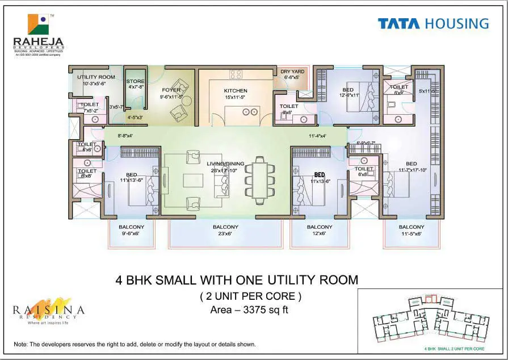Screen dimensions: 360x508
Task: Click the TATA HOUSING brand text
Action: point(433,23)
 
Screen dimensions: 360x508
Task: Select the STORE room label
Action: point(135,82)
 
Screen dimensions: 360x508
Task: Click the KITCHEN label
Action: point(236,91)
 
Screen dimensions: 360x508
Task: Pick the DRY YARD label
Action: point(292,72)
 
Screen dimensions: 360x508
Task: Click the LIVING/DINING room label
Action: point(225,164)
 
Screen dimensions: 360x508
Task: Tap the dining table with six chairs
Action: point(260,180)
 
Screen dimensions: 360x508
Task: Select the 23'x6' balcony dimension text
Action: point(225,233)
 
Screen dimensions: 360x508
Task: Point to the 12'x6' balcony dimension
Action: point(320,233)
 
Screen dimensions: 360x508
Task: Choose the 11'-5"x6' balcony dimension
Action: point(412,233)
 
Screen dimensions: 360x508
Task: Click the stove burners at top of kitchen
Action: point(236,74)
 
